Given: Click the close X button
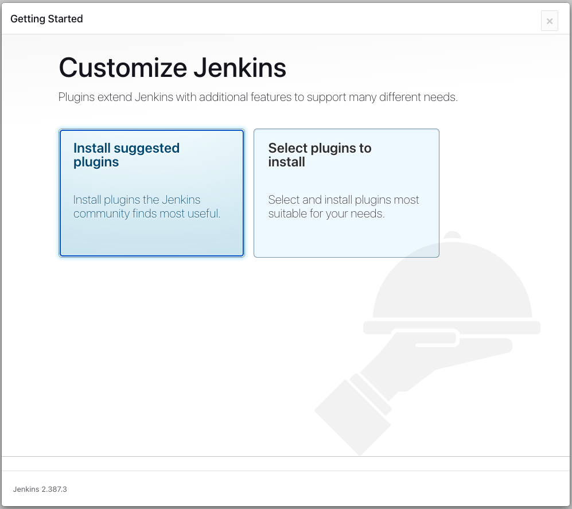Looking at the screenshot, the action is (550, 21).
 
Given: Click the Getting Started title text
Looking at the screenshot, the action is (46, 19).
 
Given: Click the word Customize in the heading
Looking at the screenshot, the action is (123, 68).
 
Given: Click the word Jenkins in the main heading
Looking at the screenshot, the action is (240, 68).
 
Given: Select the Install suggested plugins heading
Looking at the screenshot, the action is (126, 155).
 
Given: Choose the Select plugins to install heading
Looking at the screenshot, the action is (320, 155).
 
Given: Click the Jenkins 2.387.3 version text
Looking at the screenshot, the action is (40, 489).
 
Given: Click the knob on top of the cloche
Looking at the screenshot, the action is (452, 235).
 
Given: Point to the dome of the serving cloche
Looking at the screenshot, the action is (452, 281).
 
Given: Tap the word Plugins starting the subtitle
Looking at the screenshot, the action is (77, 98).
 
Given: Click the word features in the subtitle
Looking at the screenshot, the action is (271, 97).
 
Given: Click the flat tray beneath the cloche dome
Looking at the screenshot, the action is (452, 328).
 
